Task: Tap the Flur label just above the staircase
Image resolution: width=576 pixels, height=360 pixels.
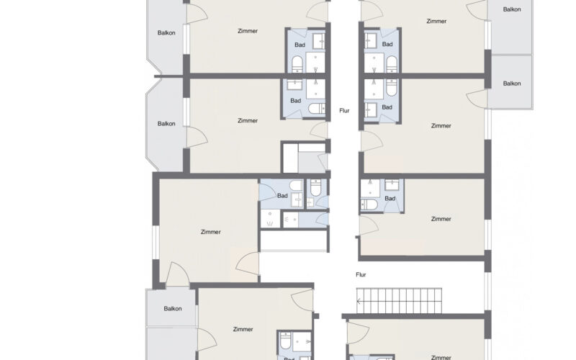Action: (361, 274)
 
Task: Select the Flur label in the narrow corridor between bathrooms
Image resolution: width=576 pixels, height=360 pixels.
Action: (344, 111)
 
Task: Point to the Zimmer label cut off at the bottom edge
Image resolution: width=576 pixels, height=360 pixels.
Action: (441, 357)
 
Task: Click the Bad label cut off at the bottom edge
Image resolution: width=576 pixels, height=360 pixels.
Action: (289, 359)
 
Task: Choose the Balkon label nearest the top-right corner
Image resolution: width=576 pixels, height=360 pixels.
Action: (512, 9)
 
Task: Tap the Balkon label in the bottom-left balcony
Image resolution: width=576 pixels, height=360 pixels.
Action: (173, 309)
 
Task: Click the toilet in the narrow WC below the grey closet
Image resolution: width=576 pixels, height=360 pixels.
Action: (315, 187)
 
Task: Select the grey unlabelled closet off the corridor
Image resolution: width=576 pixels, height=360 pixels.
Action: (312, 161)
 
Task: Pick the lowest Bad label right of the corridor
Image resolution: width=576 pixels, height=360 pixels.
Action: (390, 199)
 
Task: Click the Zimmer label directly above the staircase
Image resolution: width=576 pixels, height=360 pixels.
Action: (441, 219)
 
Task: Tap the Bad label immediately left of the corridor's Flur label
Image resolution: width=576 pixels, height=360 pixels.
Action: (295, 101)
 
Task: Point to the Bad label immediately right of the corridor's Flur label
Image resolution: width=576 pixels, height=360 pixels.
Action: (387, 107)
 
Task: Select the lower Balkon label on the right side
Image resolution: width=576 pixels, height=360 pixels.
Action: (512, 84)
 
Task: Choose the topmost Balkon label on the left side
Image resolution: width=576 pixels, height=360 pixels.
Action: (166, 32)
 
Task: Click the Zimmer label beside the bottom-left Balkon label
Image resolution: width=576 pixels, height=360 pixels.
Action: (243, 329)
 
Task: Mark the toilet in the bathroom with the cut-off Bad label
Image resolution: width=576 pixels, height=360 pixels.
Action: (285, 341)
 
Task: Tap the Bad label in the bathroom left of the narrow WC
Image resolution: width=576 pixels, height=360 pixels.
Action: (282, 196)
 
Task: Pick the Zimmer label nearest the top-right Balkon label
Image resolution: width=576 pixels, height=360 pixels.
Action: (436, 22)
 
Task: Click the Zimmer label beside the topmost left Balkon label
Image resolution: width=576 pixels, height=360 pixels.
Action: (248, 31)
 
